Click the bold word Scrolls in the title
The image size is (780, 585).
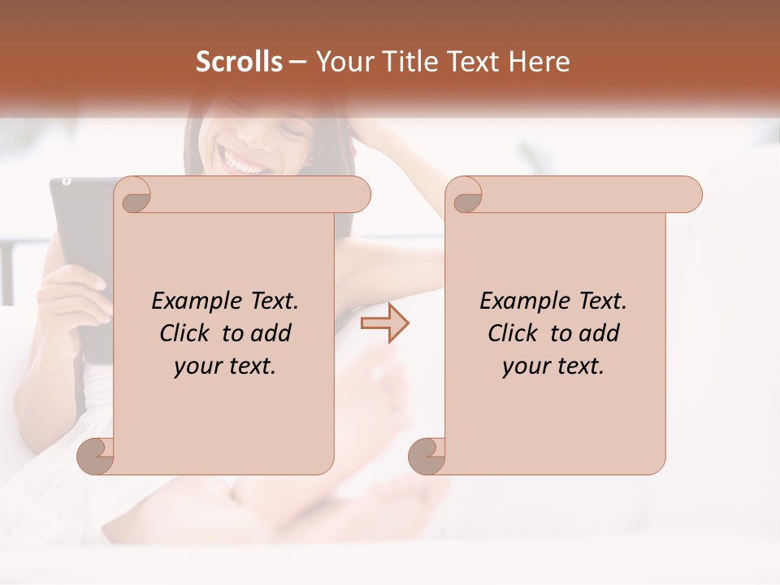239,62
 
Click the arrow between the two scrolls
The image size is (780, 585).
384,323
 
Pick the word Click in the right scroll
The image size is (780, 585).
512,333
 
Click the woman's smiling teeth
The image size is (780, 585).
247,162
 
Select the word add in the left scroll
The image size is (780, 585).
272,333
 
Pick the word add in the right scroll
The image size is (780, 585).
600,333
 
